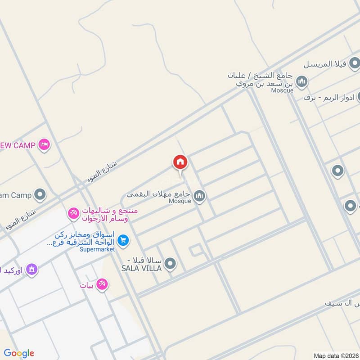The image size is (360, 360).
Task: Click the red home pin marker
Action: pyautogui.click(x=180, y=162)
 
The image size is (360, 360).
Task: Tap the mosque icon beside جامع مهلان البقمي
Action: pyautogui.click(x=199, y=195)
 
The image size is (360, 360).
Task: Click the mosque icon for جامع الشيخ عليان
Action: pyautogui.click(x=302, y=81)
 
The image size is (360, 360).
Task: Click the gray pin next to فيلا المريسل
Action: pyautogui.click(x=355, y=64)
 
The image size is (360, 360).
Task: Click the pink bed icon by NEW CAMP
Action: pyautogui.click(x=44, y=145)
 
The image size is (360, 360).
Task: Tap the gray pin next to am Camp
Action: pyautogui.click(x=40, y=195)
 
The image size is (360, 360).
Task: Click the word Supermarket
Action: pyautogui.click(x=97, y=249)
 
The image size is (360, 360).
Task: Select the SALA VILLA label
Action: pyautogui.click(x=141, y=268)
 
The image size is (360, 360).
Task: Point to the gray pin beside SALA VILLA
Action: pyautogui.click(x=170, y=264)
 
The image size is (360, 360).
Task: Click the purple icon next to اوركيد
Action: pyautogui.click(x=31, y=270)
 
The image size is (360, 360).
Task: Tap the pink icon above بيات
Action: pyautogui.click(x=102, y=283)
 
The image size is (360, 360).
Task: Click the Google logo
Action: pyautogui.click(x=19, y=353)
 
